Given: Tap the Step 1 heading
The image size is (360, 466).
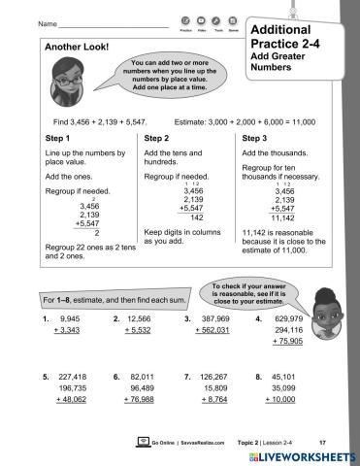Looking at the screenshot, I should pos(61,139).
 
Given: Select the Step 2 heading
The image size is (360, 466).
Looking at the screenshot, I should pos(159,139).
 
